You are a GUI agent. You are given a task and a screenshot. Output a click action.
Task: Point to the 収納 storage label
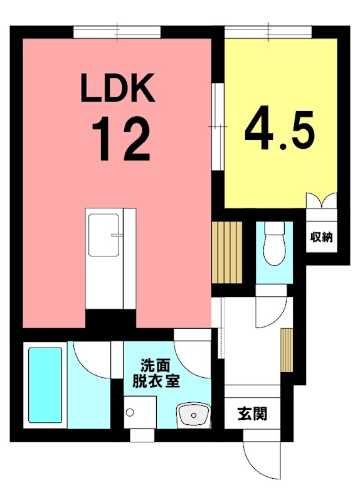(321, 237)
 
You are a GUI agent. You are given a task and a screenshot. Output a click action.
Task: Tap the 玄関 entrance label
(252, 414)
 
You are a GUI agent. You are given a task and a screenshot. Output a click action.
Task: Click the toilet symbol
(273, 245)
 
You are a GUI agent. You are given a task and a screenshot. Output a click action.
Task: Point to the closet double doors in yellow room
(321, 201)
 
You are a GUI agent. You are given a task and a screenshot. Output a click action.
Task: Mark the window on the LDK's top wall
(117, 31)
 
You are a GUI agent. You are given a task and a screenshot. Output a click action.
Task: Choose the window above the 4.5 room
(268, 31)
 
